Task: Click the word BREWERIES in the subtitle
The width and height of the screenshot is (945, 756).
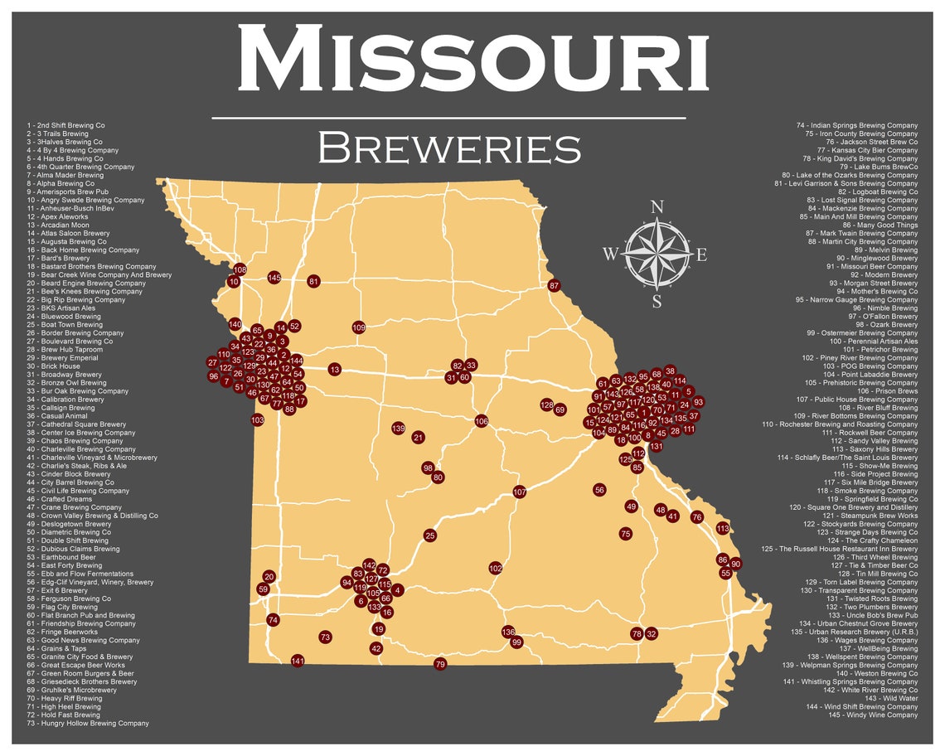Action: (449, 148)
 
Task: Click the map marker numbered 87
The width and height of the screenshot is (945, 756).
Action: (555, 286)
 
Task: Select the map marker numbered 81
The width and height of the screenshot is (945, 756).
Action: (313, 282)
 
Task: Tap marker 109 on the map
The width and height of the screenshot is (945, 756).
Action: (358, 327)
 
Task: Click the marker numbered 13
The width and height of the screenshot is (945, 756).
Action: (334, 369)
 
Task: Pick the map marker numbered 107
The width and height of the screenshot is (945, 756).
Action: (520, 492)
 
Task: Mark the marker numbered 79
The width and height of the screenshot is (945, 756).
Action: (440, 664)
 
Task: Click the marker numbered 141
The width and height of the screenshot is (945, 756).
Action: (298, 661)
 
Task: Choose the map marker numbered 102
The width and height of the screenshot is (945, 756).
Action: (496, 569)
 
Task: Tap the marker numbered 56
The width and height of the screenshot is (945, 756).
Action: (599, 490)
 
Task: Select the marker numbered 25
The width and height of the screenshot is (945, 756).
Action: (429, 535)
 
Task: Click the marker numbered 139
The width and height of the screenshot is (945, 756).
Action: (399, 429)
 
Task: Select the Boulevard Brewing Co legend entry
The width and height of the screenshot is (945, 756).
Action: (70, 342)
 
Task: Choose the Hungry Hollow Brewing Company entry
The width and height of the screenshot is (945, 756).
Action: (88, 724)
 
